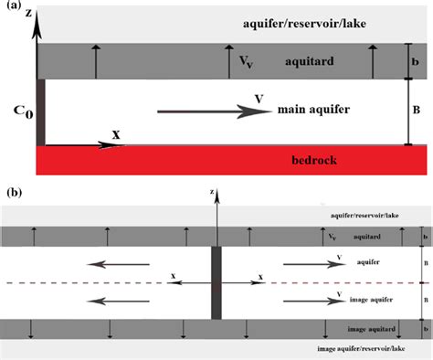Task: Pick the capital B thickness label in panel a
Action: [x=417, y=106]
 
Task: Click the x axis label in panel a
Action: [x=116, y=133]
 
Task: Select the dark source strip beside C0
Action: [x=40, y=111]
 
